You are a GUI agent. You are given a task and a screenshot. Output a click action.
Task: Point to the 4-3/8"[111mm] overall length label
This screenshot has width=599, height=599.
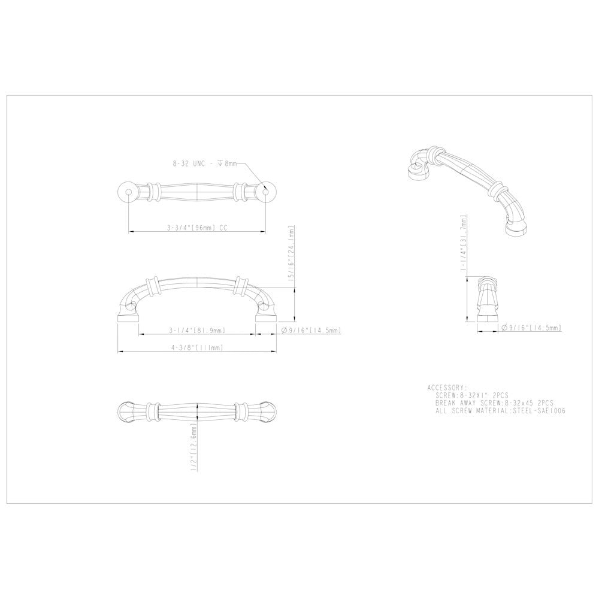click(196, 347)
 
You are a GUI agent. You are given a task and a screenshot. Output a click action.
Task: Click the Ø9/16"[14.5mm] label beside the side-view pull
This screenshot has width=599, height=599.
click(311, 330)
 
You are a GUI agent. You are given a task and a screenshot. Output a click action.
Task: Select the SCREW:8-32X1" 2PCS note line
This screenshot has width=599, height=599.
click(473, 395)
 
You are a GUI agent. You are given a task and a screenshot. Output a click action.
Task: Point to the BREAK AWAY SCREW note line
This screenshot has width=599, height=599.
click(495, 403)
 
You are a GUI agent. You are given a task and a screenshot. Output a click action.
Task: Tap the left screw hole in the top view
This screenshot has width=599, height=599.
click(128, 191)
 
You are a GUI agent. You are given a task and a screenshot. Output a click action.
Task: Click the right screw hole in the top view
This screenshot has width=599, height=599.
click(267, 191)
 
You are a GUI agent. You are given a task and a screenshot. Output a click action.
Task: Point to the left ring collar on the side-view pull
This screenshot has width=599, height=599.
click(155, 286)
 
